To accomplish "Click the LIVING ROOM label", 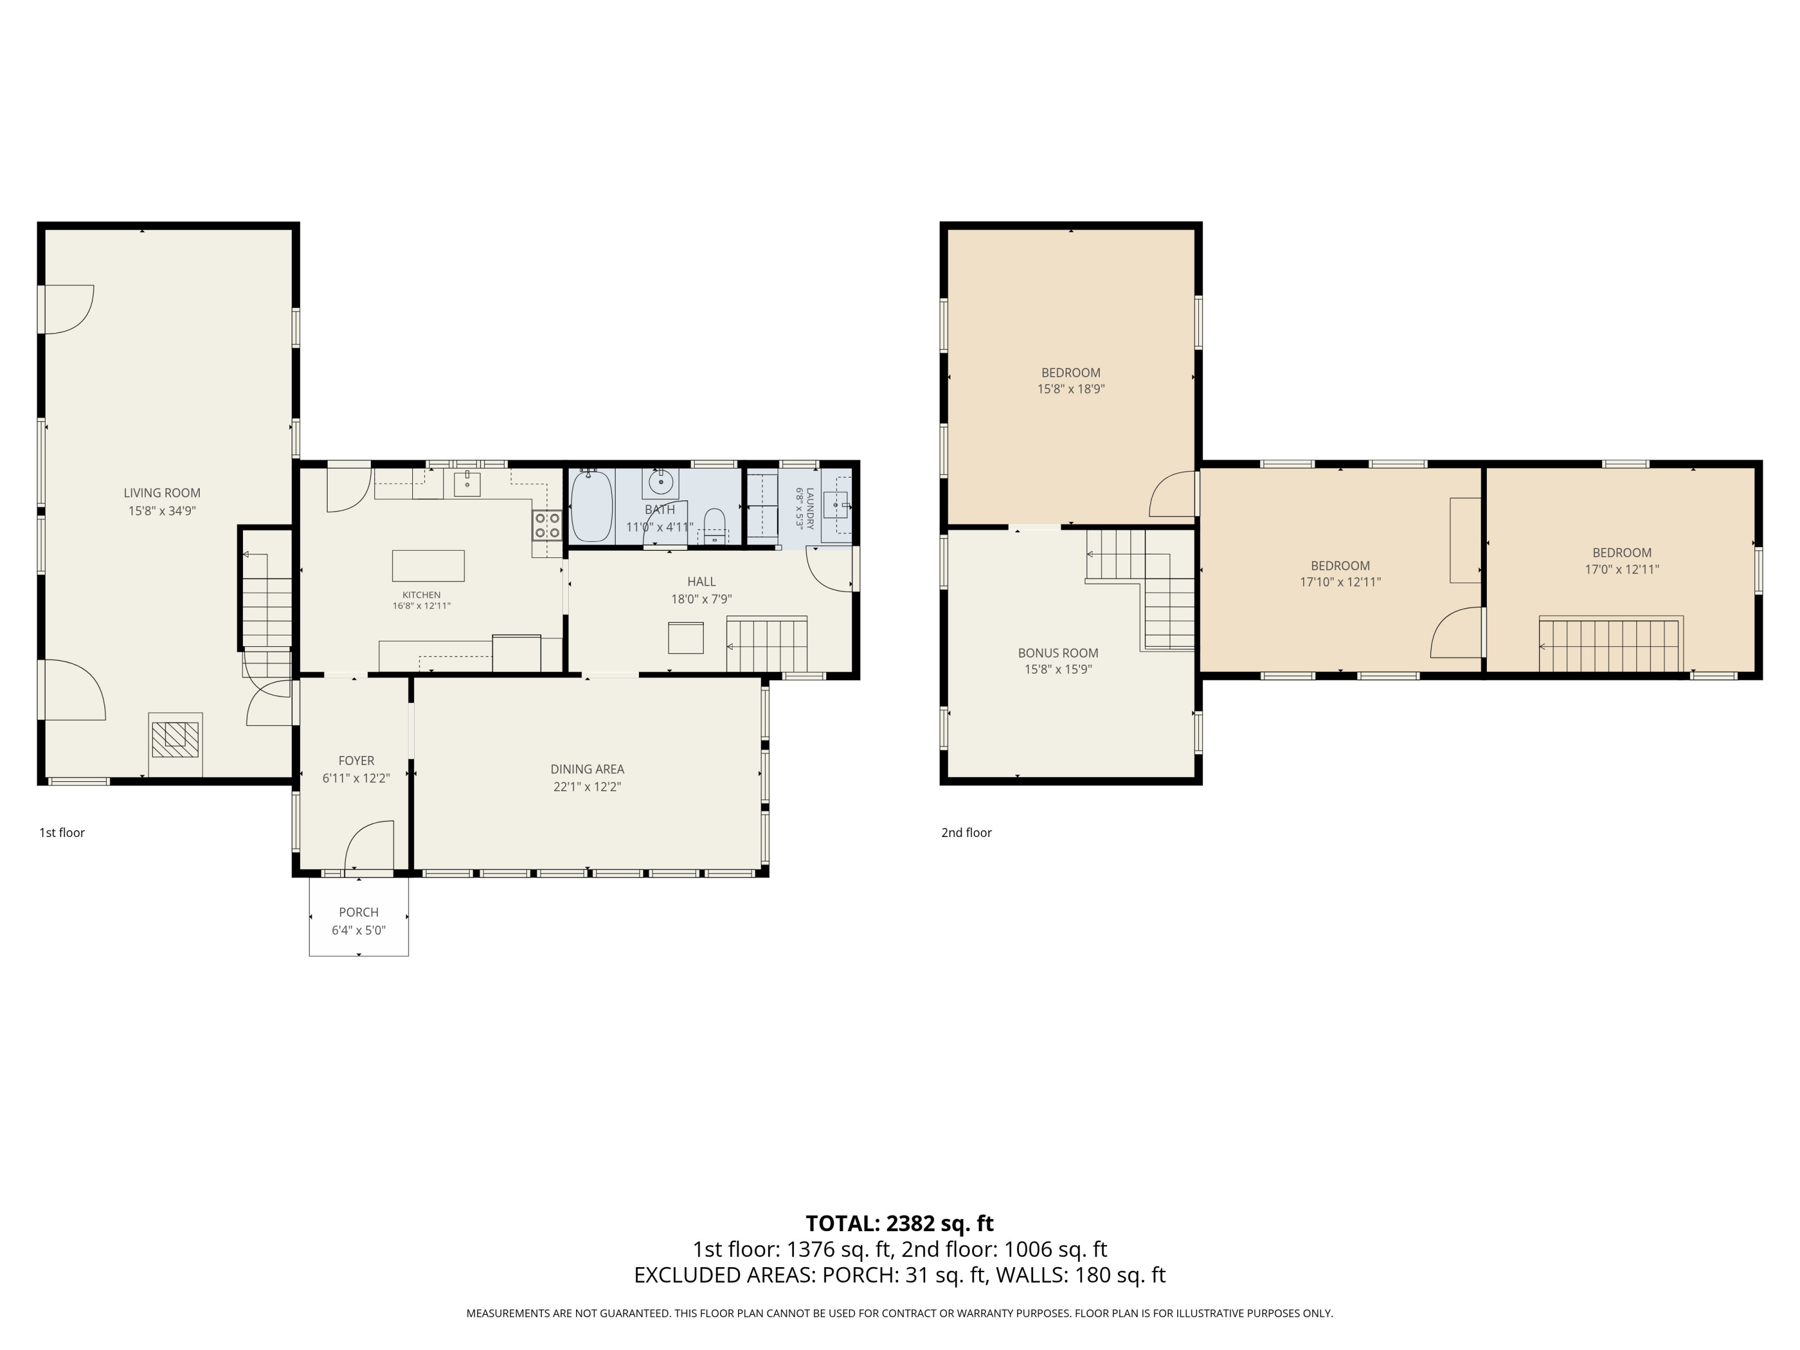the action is [x=162, y=493].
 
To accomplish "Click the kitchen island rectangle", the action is [x=428, y=566].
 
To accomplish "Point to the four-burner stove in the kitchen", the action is [x=547, y=525].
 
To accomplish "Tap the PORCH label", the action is [x=359, y=912].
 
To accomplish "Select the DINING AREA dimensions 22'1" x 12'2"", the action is [x=587, y=787].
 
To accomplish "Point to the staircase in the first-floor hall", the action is [x=767, y=644].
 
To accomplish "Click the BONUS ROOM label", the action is [x=1058, y=653].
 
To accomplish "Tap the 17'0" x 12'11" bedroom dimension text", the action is [x=1622, y=569].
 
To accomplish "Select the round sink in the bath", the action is [x=661, y=484].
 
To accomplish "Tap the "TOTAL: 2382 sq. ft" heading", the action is [x=899, y=1223].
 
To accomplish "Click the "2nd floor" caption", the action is [x=966, y=832].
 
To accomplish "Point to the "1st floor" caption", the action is [x=62, y=832].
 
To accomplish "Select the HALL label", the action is [x=701, y=581].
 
